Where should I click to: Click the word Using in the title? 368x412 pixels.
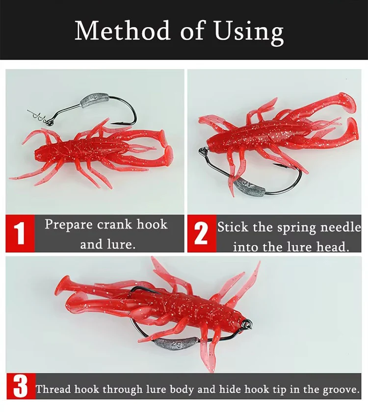coord(249,32)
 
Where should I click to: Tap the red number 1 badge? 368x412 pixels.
coord(20,233)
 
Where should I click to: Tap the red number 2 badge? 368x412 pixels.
coord(202,233)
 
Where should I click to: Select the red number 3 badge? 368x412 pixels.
coord(21,386)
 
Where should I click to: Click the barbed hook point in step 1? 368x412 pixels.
coord(116,123)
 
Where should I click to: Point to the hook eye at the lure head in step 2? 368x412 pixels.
coord(204,151)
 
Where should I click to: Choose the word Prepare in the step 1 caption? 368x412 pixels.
coord(69,225)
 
